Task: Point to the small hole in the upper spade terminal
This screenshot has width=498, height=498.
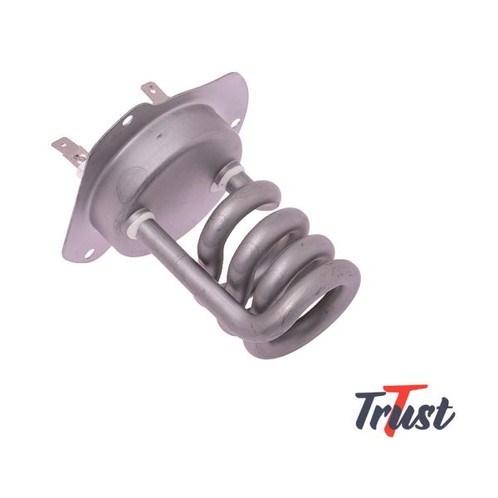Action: tap(153, 90)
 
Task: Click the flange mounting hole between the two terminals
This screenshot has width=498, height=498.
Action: tap(128, 120)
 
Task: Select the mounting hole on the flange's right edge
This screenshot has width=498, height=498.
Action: tap(236, 123)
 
